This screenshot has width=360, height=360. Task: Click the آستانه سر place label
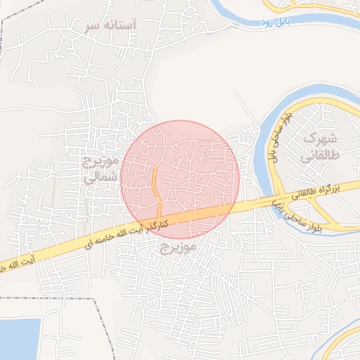pyautogui.click(x=110, y=25)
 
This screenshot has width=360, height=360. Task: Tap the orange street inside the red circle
pyautogui.click(x=157, y=193)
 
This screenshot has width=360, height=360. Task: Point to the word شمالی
pyautogui.click(x=98, y=179)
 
